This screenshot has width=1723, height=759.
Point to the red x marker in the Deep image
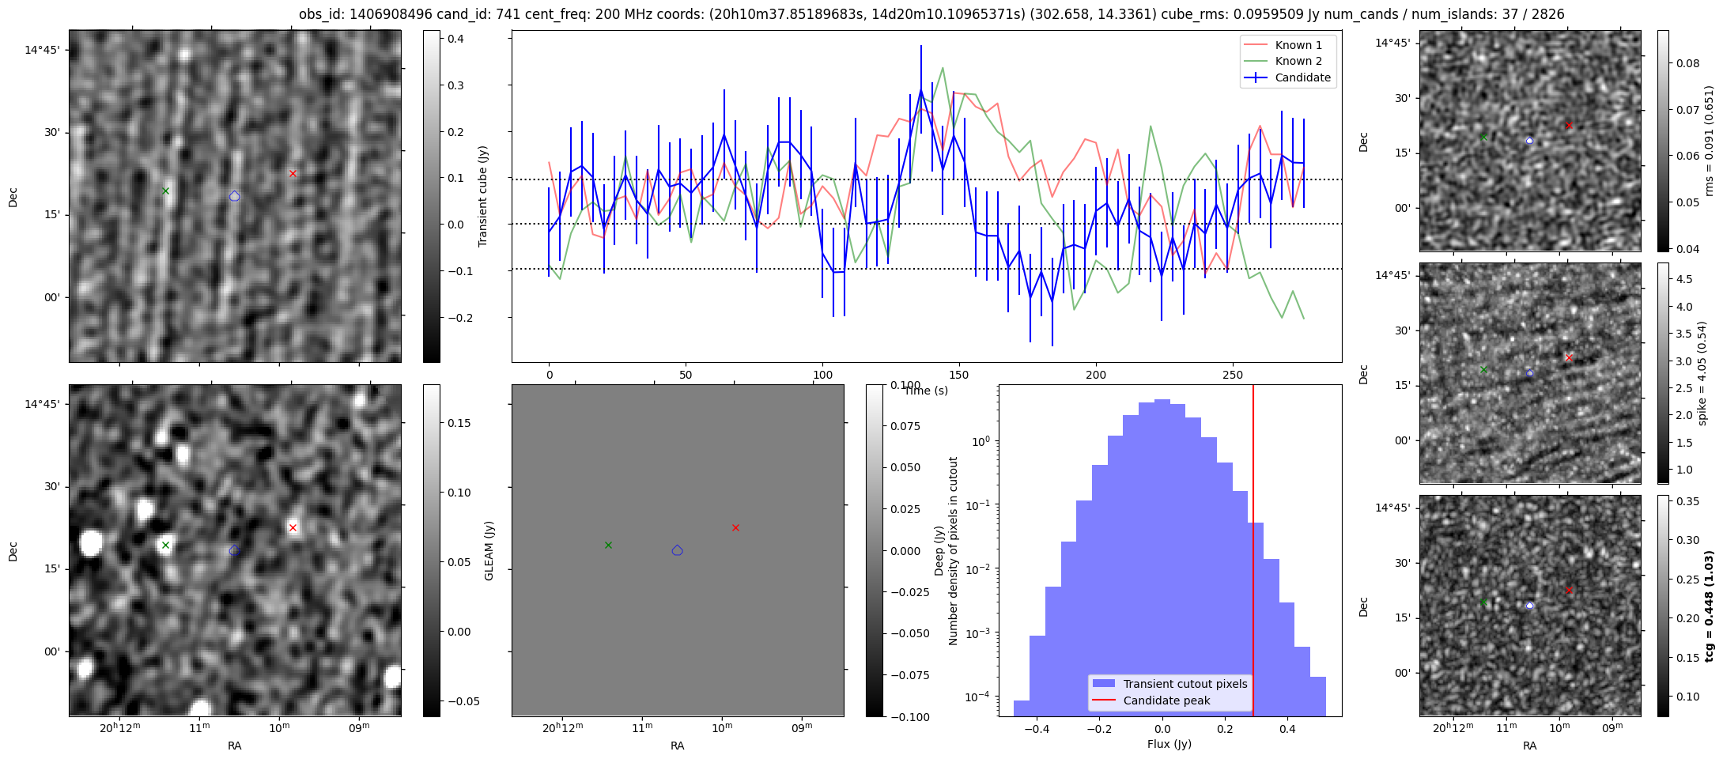[x=293, y=527]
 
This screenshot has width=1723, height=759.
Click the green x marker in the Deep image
[x=165, y=545]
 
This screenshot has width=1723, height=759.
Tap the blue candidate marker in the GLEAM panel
[x=677, y=550]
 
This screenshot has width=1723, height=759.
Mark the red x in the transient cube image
[x=293, y=173]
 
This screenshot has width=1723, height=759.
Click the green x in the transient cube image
[x=165, y=191]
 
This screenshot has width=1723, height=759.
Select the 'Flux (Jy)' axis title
[x=1169, y=744]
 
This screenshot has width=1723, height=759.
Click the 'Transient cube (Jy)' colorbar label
[x=483, y=196]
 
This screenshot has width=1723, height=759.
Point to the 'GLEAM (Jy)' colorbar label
[x=489, y=550]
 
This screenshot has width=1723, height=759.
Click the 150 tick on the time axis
[x=959, y=375]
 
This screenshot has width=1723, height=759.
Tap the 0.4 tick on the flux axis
[x=1287, y=730]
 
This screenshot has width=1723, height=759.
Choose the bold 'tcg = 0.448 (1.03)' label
[x=1709, y=606]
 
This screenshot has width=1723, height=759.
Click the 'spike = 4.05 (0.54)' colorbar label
[x=1702, y=373]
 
